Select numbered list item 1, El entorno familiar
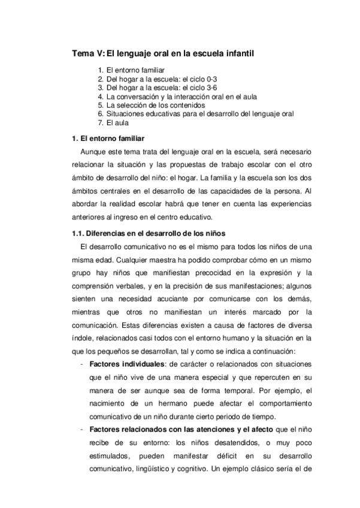click(x=131, y=71)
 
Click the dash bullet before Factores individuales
click(x=81, y=365)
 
